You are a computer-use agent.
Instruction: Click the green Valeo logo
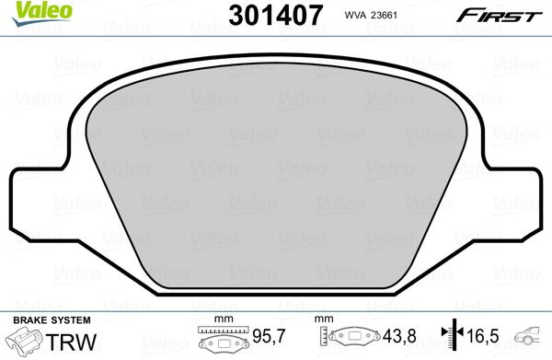click(x=42, y=14)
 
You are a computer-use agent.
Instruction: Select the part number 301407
click(x=275, y=15)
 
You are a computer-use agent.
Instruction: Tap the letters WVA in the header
click(x=355, y=15)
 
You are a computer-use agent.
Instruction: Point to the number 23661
click(x=384, y=15)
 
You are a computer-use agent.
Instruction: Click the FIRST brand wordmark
click(x=500, y=16)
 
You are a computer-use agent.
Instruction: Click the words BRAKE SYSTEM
click(x=52, y=320)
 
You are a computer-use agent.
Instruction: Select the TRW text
click(x=71, y=342)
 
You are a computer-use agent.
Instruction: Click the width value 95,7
click(x=270, y=336)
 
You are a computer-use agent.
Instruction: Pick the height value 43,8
click(x=399, y=336)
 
